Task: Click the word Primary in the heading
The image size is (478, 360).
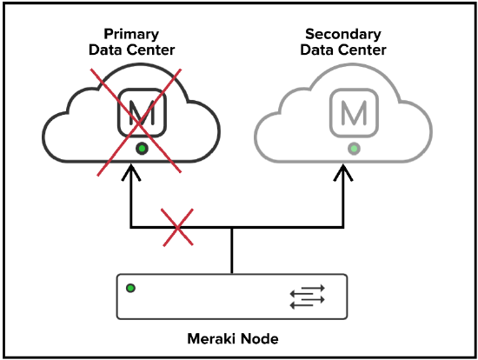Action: click(131, 34)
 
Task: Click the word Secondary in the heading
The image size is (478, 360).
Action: click(343, 34)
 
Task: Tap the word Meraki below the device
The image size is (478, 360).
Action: click(211, 338)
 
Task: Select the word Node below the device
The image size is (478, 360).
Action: click(260, 338)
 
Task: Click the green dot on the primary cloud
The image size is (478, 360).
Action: click(142, 149)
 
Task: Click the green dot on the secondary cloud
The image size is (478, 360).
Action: click(354, 149)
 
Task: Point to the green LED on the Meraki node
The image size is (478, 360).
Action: click(130, 288)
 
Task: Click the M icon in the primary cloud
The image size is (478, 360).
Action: click(142, 112)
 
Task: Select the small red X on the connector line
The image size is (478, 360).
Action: click(177, 227)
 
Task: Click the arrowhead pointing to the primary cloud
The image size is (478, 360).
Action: click(131, 173)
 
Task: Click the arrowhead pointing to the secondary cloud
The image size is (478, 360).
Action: click(343, 173)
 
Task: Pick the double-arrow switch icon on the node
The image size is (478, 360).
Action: click(308, 297)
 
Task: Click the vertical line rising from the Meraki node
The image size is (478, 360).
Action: click(232, 250)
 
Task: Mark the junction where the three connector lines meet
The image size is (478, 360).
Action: click(232, 227)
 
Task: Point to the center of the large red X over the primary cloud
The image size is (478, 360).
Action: click(139, 123)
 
